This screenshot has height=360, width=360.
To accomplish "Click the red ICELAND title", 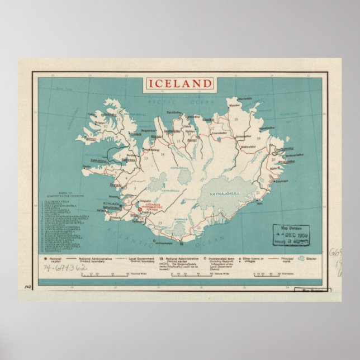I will pyautogui.click(x=180, y=84).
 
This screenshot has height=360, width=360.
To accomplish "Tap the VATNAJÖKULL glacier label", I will pyautogui.click(x=226, y=193).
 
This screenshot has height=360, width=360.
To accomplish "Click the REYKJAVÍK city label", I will pyautogui.click(x=117, y=205).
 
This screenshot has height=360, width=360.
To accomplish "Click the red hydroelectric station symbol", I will pyautogui.click(x=139, y=211).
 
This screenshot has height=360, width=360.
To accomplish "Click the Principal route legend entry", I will pyautogui.click(x=283, y=260).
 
